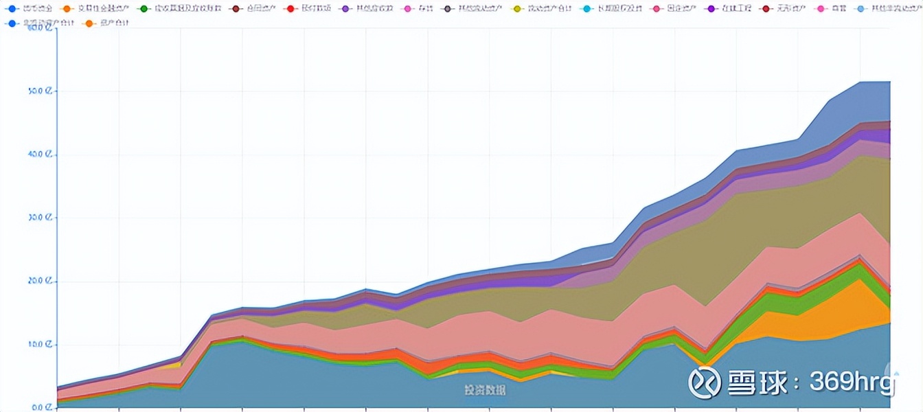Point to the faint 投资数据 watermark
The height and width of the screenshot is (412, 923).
484,390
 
